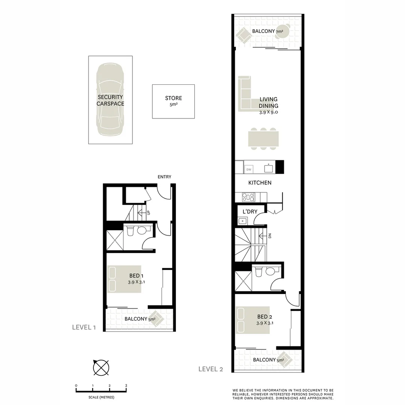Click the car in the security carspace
tap(110, 99)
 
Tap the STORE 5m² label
tap(173, 101)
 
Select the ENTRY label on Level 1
tap(164, 177)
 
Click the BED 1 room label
tap(134, 279)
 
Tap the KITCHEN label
tap(260, 183)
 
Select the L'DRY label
tap(250, 211)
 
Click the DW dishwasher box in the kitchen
tap(249, 170)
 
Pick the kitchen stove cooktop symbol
tap(248, 197)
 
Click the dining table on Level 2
tap(263, 139)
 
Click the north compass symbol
tap(101, 367)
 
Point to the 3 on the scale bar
tap(126, 385)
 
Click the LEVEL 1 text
tap(84, 327)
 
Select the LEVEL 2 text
tap(211, 369)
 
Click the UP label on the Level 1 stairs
tap(148, 212)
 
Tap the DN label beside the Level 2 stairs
tap(269, 235)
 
